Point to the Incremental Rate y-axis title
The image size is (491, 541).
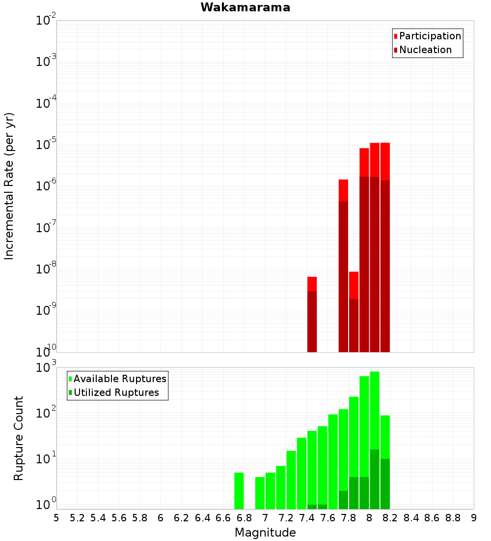click(x=9, y=186)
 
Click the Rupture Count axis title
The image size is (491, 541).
click(x=19, y=438)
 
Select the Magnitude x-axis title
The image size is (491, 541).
click(x=265, y=533)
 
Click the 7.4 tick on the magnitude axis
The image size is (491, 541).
click(x=307, y=518)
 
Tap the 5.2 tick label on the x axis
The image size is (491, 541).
click(x=77, y=518)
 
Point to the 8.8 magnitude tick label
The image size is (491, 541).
click(x=453, y=518)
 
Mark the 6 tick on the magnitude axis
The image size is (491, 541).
click(x=161, y=518)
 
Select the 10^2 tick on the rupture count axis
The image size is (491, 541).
click(x=47, y=413)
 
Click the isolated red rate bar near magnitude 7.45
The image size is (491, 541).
click(x=312, y=315)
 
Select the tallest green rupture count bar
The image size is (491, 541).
click(x=375, y=418)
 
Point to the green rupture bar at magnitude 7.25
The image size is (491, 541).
click(x=291, y=480)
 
